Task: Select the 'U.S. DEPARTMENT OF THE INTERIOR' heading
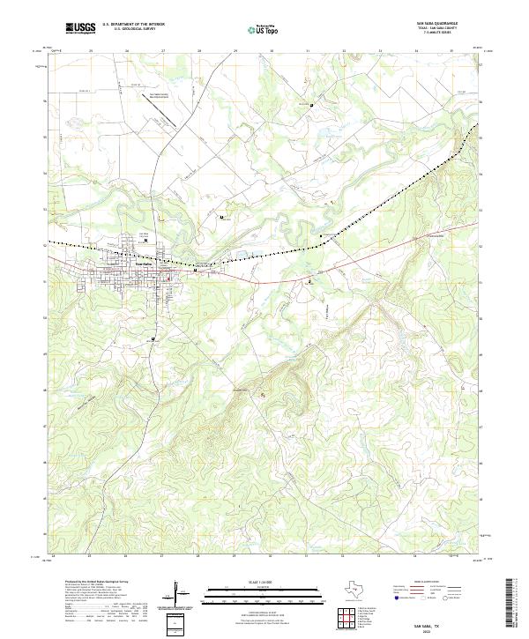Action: [133, 25]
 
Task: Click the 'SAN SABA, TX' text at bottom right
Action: [432, 620]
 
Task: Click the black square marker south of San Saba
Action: [153, 338]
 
